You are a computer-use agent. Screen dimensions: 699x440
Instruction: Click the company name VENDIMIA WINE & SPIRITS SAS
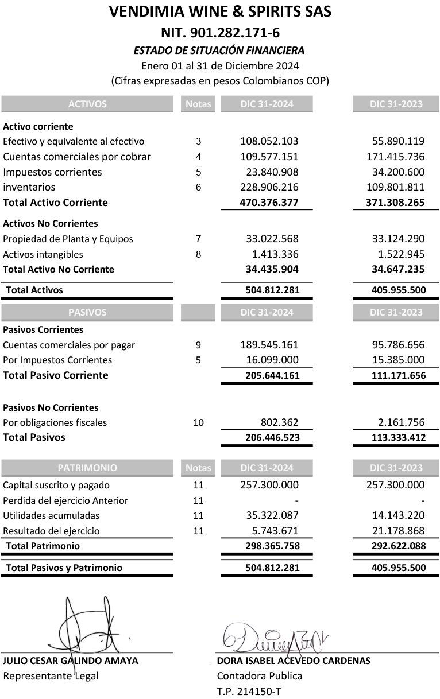220,11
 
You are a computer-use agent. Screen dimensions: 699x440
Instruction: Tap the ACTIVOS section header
87,104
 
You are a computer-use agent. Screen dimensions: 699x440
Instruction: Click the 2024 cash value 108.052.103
269,141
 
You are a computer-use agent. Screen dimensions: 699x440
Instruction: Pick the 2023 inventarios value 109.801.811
395,187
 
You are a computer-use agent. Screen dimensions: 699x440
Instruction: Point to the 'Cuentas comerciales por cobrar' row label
77,157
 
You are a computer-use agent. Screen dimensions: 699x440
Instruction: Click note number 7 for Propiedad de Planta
198,239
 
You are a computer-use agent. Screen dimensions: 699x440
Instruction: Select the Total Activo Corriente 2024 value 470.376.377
269,203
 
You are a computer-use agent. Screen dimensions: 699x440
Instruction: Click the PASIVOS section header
87,312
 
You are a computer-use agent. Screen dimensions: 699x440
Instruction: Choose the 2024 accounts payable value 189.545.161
269,345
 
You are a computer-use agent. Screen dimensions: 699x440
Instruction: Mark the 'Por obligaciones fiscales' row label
55,423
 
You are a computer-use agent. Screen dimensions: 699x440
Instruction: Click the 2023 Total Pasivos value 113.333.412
397,437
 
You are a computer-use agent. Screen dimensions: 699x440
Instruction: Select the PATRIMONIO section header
87,468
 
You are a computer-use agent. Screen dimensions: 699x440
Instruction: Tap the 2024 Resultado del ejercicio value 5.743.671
275,531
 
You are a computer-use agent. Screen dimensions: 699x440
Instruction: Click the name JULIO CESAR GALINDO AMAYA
71,661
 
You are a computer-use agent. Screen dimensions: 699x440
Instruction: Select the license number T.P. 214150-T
249,692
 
